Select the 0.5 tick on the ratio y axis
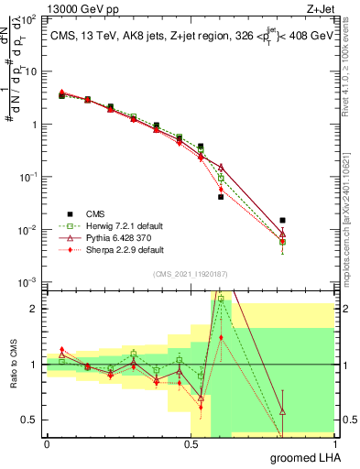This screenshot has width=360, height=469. pos(31,420)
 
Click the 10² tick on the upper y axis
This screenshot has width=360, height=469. pos(31,18)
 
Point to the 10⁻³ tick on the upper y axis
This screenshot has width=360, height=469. pos(31,281)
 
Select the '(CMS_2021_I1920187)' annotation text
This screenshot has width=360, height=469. pos(190,272)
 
